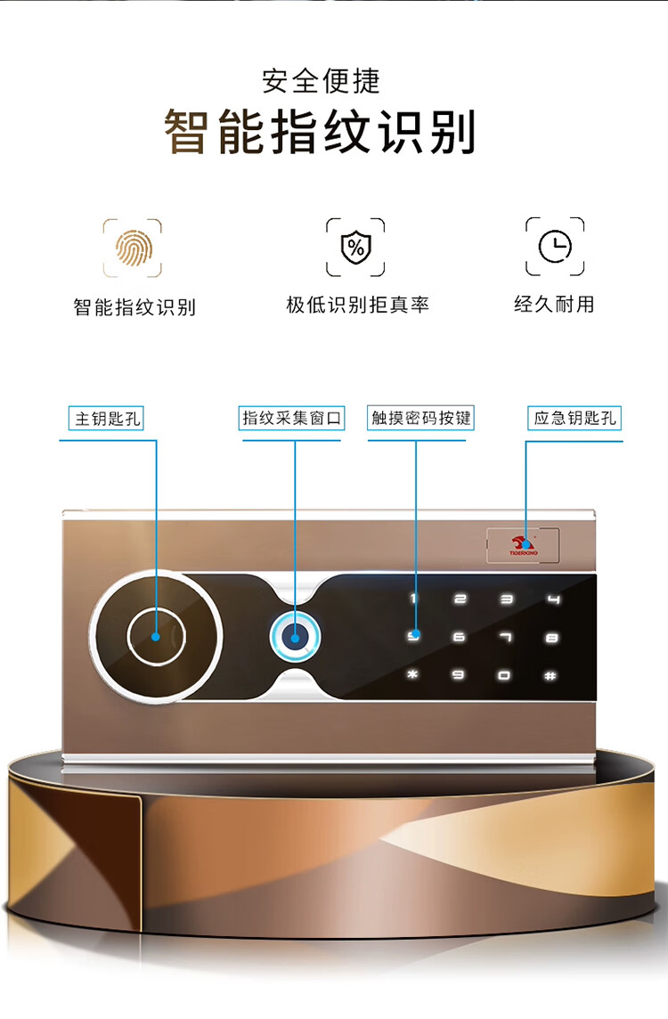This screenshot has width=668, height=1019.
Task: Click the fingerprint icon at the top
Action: point(133,248)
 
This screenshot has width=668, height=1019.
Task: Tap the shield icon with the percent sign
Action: point(355,248)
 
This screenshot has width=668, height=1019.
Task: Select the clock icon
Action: point(555,247)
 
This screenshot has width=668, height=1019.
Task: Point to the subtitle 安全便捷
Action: point(321,81)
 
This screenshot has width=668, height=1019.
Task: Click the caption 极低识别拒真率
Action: point(357,305)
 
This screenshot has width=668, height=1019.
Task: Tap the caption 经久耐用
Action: point(554,304)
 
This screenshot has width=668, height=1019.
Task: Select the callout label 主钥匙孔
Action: point(107,418)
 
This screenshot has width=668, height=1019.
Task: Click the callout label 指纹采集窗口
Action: point(291,418)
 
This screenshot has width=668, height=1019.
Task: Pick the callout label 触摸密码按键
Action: point(420,418)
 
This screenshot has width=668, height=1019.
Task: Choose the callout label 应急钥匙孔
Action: point(574,418)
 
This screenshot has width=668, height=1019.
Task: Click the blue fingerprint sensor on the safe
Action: point(296,637)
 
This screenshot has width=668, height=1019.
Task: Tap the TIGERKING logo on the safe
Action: point(523,545)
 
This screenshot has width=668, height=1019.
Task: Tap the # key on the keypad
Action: point(551,675)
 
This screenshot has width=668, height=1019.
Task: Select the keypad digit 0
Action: point(505,675)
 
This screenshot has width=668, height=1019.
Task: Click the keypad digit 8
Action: point(552,637)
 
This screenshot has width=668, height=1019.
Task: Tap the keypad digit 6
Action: point(459,637)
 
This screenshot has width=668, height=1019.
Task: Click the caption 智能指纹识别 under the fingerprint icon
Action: point(134,307)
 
